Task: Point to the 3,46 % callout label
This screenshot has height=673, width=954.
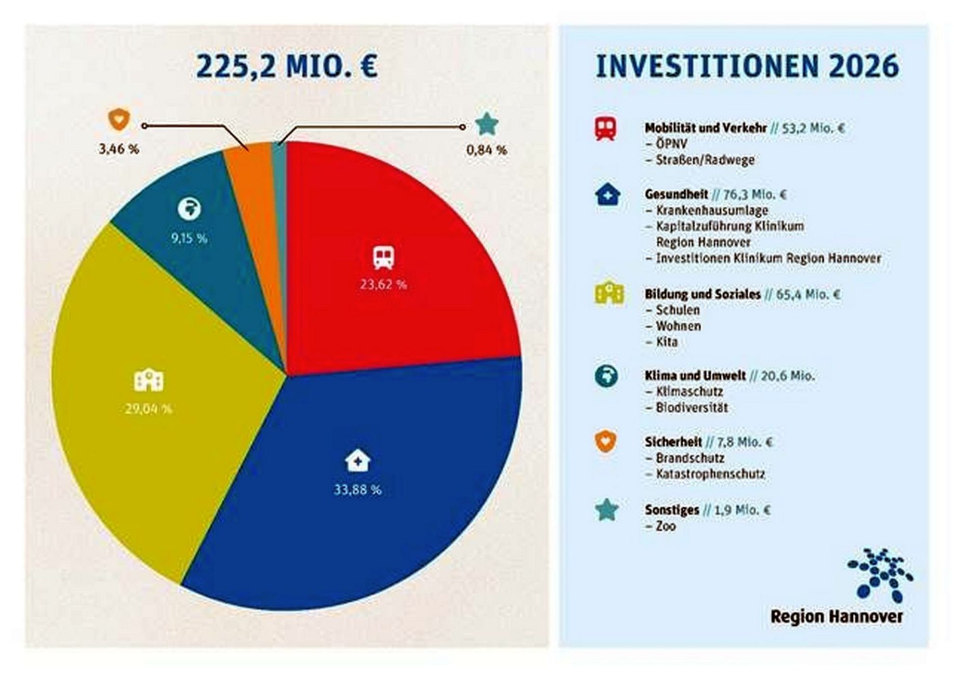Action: [119, 149]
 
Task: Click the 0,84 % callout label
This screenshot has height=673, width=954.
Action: [487, 150]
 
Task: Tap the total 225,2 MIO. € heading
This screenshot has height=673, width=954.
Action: [287, 66]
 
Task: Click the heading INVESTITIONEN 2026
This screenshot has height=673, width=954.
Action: [747, 66]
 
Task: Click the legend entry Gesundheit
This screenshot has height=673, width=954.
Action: [676, 195]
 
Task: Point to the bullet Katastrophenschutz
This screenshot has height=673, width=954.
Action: [710, 474]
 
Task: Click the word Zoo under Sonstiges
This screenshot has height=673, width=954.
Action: [666, 526]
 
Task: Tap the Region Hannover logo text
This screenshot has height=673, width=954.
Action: [836, 617]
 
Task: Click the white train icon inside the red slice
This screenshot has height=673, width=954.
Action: [384, 258]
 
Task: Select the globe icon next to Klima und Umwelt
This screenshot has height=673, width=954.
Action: [606, 376]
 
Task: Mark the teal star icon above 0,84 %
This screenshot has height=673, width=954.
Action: [487, 124]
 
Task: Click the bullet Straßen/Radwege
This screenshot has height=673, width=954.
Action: [705, 160]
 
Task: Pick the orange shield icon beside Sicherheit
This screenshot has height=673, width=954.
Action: [606, 442]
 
